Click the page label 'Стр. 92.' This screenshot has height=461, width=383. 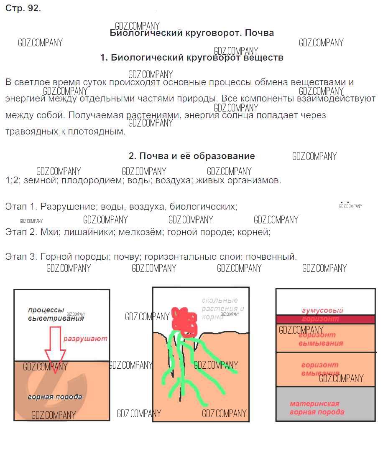(x=23, y=9)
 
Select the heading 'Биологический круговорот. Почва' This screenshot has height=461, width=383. (x=192, y=33)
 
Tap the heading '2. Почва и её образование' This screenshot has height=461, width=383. (x=192, y=156)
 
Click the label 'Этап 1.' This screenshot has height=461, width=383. (x=21, y=206)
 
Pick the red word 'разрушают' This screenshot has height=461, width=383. (x=85, y=339)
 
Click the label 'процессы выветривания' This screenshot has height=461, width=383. (x=56, y=314)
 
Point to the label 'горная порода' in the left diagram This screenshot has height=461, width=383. (x=55, y=397)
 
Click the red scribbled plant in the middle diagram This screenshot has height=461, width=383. (x=184, y=321)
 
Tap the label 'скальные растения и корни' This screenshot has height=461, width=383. (x=220, y=308)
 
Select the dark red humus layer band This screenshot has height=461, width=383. (x=325, y=319)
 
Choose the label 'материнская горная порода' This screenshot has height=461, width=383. (x=317, y=408)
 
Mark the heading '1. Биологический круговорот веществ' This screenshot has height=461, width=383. (x=192, y=58)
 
